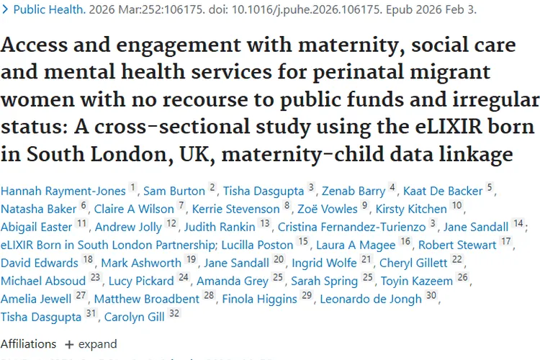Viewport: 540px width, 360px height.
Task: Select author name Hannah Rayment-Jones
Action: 63,191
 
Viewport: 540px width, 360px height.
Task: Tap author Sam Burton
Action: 175,191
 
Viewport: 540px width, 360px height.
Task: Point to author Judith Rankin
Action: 222,227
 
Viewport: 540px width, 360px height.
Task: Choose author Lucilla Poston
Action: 258,245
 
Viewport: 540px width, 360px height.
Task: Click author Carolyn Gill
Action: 132,317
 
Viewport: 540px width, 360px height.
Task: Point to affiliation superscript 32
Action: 172,314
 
